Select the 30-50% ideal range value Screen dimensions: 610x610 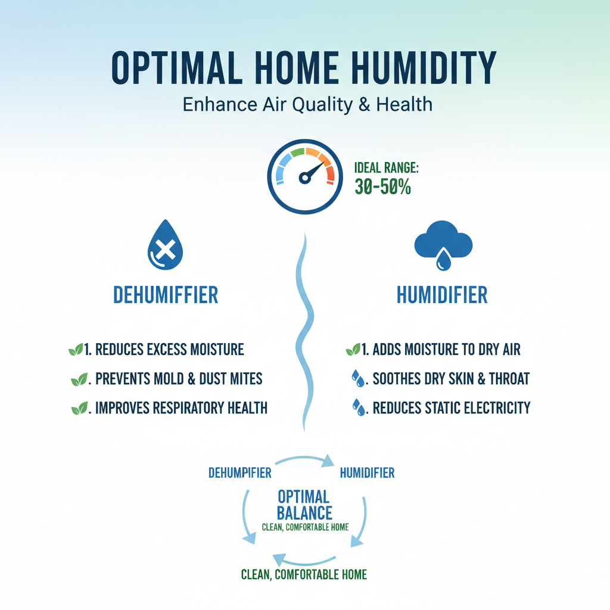point(383,186)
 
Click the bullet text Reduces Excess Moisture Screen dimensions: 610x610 point(164,349)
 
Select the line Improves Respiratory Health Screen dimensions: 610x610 point(178,408)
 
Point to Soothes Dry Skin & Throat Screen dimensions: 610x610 point(450,378)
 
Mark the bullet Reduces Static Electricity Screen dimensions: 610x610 point(451,408)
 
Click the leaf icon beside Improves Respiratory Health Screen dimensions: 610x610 point(78,409)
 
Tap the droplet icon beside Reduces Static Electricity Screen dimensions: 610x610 point(359,408)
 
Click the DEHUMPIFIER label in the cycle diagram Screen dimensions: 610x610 point(240,473)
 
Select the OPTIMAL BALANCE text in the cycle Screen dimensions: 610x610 point(304,504)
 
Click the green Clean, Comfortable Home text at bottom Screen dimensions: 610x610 point(304,575)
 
